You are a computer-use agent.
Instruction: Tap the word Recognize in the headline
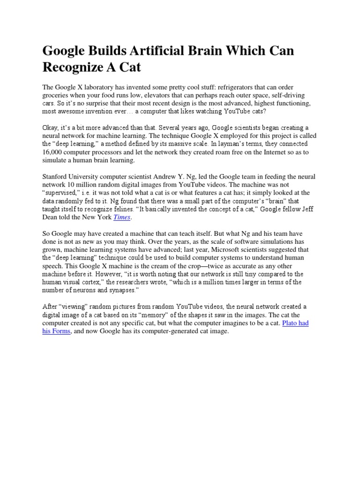[x=72, y=67]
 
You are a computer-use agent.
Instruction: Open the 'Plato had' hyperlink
[x=295, y=323]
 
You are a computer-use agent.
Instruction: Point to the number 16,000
[x=57, y=152]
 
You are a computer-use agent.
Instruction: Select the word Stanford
[x=57, y=177]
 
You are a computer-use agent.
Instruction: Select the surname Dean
[x=52, y=217]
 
